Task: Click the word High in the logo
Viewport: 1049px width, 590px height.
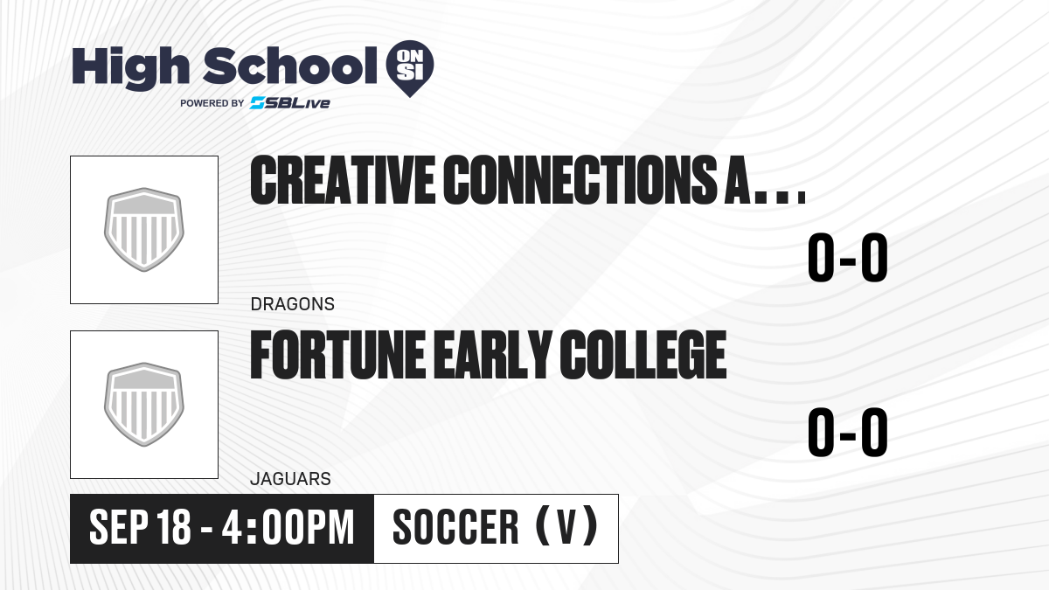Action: [x=131, y=67]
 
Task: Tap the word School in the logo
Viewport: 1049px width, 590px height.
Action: [x=290, y=66]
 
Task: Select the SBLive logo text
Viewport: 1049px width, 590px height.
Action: [x=290, y=103]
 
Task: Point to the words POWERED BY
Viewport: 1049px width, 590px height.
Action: [x=212, y=103]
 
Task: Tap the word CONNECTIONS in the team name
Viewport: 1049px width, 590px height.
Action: [x=580, y=180]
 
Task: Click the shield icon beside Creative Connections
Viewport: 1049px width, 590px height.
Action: [x=143, y=229]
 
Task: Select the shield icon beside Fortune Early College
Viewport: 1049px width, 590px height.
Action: [x=143, y=405]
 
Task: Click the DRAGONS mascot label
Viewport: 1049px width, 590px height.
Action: [x=293, y=304]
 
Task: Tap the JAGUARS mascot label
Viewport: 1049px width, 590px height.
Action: [x=291, y=479]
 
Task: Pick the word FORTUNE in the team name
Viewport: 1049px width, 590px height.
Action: [x=337, y=355]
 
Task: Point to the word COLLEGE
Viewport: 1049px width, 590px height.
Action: [x=643, y=355]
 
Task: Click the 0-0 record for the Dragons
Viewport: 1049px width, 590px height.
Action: [x=848, y=258]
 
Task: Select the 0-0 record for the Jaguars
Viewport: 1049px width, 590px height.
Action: [x=848, y=432]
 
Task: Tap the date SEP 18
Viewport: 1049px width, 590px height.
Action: [x=140, y=527]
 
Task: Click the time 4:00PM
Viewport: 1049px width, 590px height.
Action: [x=288, y=527]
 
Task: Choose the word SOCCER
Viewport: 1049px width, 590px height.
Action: [x=455, y=527]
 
